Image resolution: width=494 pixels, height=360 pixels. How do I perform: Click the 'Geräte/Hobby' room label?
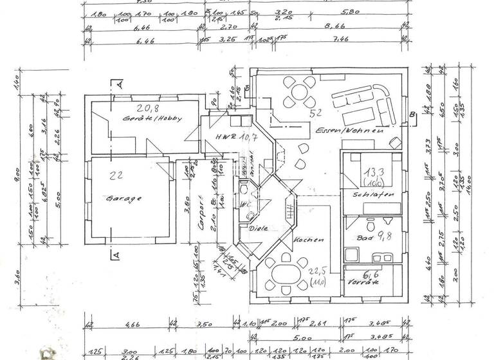tap(154, 119)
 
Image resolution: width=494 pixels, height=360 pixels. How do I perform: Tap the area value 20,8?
tap(147, 107)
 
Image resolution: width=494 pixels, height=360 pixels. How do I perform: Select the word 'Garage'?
tap(125, 199)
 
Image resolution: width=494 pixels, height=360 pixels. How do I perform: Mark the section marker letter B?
tap(411, 115)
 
